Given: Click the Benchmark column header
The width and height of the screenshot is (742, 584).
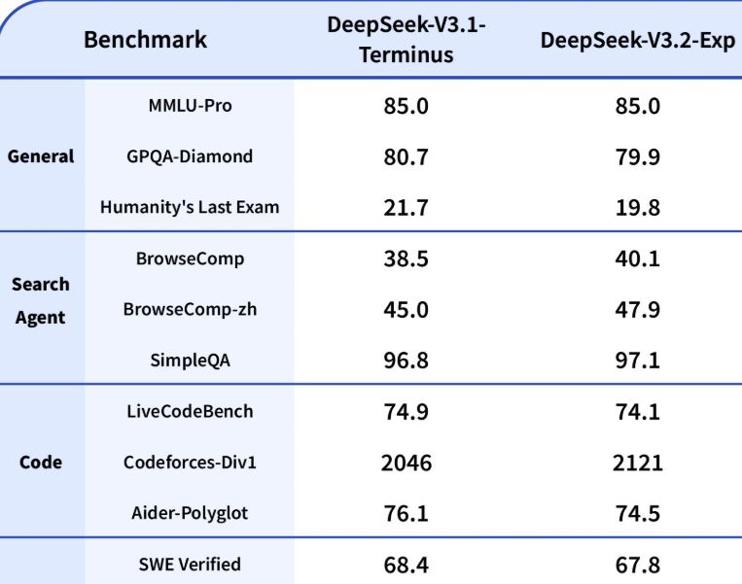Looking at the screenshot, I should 145,40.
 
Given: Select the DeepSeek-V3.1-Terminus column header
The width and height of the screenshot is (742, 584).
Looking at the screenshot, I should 406,40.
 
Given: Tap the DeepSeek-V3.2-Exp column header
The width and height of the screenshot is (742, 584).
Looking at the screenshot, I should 637,40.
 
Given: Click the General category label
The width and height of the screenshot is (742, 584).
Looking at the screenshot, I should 41,156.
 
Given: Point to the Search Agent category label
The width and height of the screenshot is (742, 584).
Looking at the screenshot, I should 41,300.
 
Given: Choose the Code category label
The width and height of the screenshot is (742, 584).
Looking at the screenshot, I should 41,462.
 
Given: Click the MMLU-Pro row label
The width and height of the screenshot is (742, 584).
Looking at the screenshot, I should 190,105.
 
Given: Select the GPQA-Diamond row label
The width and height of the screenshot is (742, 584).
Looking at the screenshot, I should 190,156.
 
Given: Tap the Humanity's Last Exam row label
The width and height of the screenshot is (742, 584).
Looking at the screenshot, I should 190,207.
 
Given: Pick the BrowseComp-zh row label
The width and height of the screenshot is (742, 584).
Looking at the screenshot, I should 190,309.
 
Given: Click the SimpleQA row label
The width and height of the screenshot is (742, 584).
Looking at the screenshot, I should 190,361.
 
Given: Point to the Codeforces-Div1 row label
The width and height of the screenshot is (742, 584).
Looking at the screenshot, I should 190,462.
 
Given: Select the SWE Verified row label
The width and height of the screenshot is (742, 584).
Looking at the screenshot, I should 190,564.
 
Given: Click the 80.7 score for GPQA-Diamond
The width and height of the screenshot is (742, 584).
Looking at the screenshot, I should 406,156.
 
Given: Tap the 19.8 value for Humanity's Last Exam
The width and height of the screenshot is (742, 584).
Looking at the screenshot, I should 637,207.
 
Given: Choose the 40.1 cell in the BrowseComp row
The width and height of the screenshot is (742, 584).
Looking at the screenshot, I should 637,258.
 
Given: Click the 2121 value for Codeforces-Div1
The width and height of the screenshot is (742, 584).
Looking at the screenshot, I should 637,462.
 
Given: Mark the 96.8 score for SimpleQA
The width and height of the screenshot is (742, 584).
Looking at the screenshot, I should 406,361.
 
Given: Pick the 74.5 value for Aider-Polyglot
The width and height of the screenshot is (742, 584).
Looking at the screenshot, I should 637,513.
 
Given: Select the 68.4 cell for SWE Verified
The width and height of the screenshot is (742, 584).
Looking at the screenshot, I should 406,564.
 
